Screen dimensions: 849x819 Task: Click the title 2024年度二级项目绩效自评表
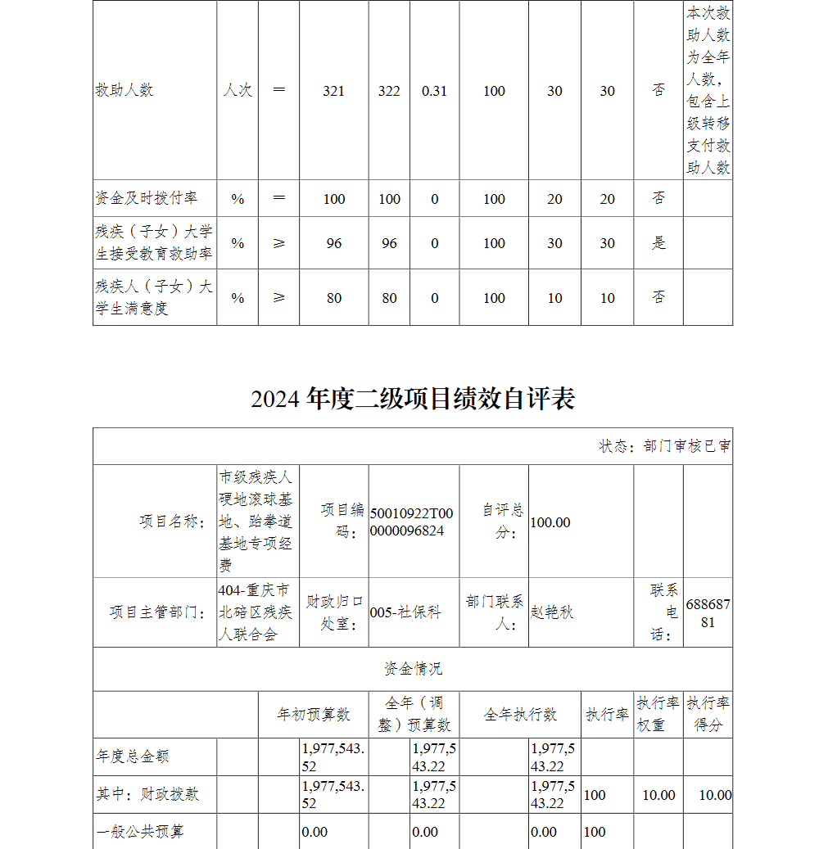pos(413,399)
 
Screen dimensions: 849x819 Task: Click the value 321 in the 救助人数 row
pos(333,91)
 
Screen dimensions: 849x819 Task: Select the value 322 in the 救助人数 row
pos(389,91)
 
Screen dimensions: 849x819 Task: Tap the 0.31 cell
pos(434,91)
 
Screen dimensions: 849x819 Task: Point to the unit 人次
pos(238,91)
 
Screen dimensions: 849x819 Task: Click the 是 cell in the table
pos(658,243)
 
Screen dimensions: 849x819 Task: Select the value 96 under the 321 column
pos(333,243)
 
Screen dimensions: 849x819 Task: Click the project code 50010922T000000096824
pos(411,522)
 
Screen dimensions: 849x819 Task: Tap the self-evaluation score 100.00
pos(550,522)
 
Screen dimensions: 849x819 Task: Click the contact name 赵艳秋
pos(552,612)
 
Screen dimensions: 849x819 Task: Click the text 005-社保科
pos(405,612)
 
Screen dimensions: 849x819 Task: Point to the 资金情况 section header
pos(413,669)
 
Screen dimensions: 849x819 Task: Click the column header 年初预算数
pos(314,715)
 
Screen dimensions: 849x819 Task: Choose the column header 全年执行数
pos(520,715)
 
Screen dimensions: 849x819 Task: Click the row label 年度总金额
pos(133,757)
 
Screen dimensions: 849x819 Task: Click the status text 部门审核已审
pos(686,446)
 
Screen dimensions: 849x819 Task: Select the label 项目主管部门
pos(157,612)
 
